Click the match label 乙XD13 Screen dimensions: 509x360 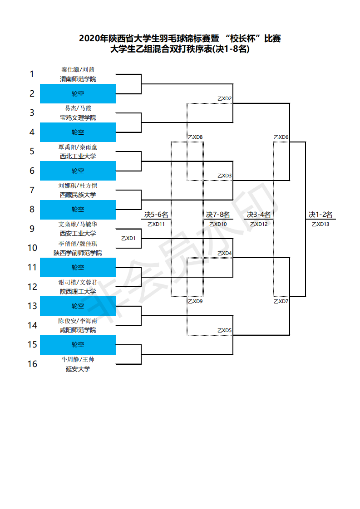point(321,224)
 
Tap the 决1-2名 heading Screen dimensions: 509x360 point(321,215)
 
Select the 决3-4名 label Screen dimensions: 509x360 point(259,215)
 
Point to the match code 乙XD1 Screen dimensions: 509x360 point(128,238)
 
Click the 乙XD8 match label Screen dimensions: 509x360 point(195,137)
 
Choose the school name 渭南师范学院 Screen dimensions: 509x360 point(78,79)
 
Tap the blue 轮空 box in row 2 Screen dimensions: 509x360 point(78,94)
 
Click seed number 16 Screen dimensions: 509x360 point(32,364)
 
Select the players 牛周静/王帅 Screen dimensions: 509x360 point(78,359)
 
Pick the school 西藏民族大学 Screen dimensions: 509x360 point(78,195)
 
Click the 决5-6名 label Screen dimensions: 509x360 point(156,215)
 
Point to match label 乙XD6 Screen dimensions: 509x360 point(281,137)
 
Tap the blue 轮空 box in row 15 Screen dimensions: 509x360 point(78,345)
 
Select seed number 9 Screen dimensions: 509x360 point(32,229)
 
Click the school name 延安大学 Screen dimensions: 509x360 point(78,369)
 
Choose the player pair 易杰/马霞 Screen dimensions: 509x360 point(78,108)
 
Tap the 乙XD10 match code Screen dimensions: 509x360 point(218,224)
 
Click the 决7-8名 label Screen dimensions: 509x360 point(218,215)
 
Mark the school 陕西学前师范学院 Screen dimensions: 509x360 point(78,253)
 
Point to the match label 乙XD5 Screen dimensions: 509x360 point(225,330)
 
